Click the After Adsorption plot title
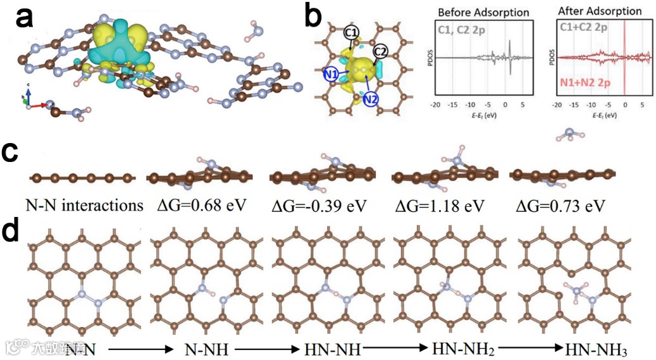(x=600, y=11)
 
